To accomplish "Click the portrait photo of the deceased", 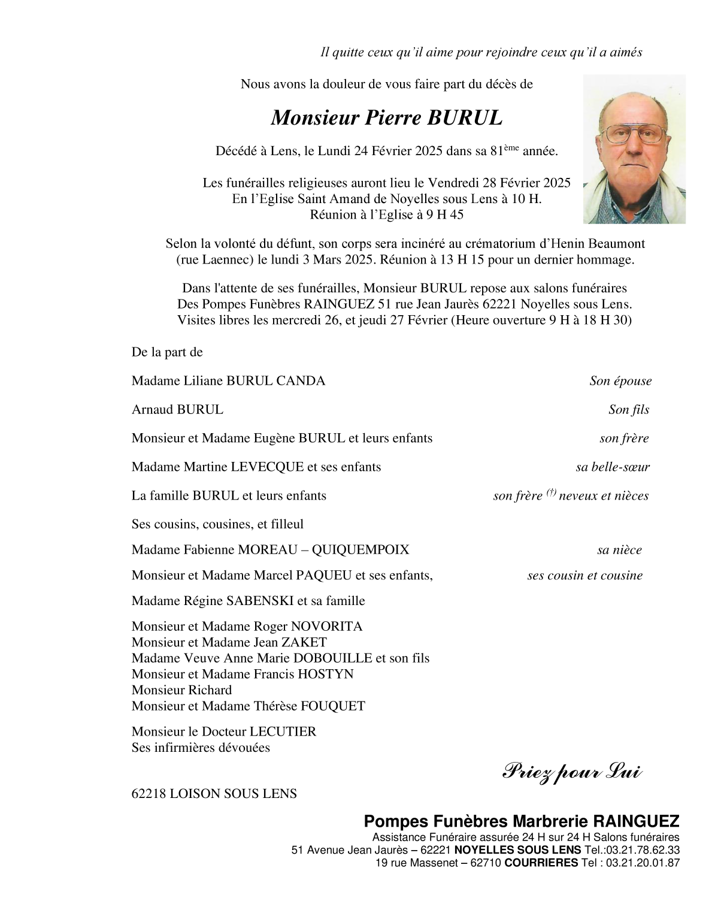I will pos(634,149).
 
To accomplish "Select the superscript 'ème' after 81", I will pos(510,147).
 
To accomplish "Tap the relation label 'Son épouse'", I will pos(620,381).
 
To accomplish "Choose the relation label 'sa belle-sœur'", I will pos(613,467).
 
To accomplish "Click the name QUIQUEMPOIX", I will pos(366,550).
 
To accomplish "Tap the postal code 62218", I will pos(149,794).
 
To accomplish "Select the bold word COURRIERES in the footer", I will pos(541,863).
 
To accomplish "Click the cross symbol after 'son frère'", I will pos(551,493).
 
